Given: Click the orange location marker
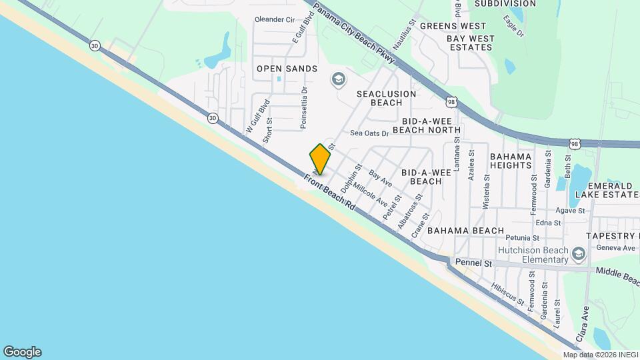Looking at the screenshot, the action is point(320,159).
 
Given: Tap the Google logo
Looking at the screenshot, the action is point(22,352).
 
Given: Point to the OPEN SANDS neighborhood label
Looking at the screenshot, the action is point(287,69).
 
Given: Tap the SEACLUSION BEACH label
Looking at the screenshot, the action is point(387,98).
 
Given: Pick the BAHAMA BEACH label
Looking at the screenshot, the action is point(465,231).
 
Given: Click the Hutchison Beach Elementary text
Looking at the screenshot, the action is point(533,255).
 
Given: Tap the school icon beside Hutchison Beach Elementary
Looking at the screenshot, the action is point(578,253).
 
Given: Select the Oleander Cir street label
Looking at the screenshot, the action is point(275,20).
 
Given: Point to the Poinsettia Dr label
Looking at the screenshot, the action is point(304,107).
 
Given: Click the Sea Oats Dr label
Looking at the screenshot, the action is point(369,133).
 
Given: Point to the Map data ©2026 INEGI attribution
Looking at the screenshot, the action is point(599,355).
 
